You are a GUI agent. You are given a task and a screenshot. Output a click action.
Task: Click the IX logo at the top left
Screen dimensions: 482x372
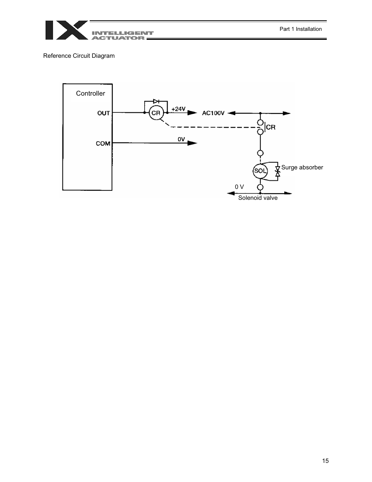click(x=66, y=30)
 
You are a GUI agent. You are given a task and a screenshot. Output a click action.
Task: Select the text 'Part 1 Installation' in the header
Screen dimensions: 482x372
click(x=301, y=29)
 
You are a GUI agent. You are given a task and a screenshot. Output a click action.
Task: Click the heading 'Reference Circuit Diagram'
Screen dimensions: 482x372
click(x=79, y=56)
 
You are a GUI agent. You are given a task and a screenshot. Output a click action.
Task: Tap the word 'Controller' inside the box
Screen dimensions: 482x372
click(x=90, y=93)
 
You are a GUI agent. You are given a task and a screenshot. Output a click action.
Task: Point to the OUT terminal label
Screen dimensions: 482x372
click(x=104, y=113)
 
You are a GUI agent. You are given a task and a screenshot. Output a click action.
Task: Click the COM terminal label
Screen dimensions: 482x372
click(x=103, y=144)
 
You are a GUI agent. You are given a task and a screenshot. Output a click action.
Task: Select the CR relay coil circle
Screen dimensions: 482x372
click(x=156, y=113)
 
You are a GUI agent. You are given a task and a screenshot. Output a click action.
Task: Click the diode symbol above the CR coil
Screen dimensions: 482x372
click(x=156, y=101)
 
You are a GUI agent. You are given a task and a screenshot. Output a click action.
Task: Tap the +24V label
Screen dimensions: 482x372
click(x=179, y=109)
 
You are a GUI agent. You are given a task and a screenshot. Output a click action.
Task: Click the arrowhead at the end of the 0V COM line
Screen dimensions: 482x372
click(x=192, y=143)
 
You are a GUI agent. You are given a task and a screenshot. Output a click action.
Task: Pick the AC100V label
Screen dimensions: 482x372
click(x=213, y=113)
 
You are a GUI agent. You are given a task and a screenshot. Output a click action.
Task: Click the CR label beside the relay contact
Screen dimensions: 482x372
click(x=271, y=127)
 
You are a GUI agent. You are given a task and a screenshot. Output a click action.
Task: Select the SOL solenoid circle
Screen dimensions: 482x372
click(x=260, y=171)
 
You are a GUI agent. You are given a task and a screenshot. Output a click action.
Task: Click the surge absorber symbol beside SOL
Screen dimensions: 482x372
click(x=278, y=171)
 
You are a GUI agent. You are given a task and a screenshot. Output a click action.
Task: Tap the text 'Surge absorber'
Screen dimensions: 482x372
click(x=302, y=167)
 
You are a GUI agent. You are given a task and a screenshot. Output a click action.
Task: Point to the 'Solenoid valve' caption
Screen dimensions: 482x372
click(x=258, y=198)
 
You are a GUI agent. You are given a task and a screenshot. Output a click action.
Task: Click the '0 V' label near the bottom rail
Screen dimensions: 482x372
click(x=239, y=187)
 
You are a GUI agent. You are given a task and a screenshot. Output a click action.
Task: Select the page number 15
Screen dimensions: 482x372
click(x=326, y=461)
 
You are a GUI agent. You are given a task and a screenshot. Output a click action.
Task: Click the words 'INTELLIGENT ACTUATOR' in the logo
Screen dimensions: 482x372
click(x=122, y=36)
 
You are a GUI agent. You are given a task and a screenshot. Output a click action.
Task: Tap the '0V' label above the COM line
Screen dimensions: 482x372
click(x=181, y=139)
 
